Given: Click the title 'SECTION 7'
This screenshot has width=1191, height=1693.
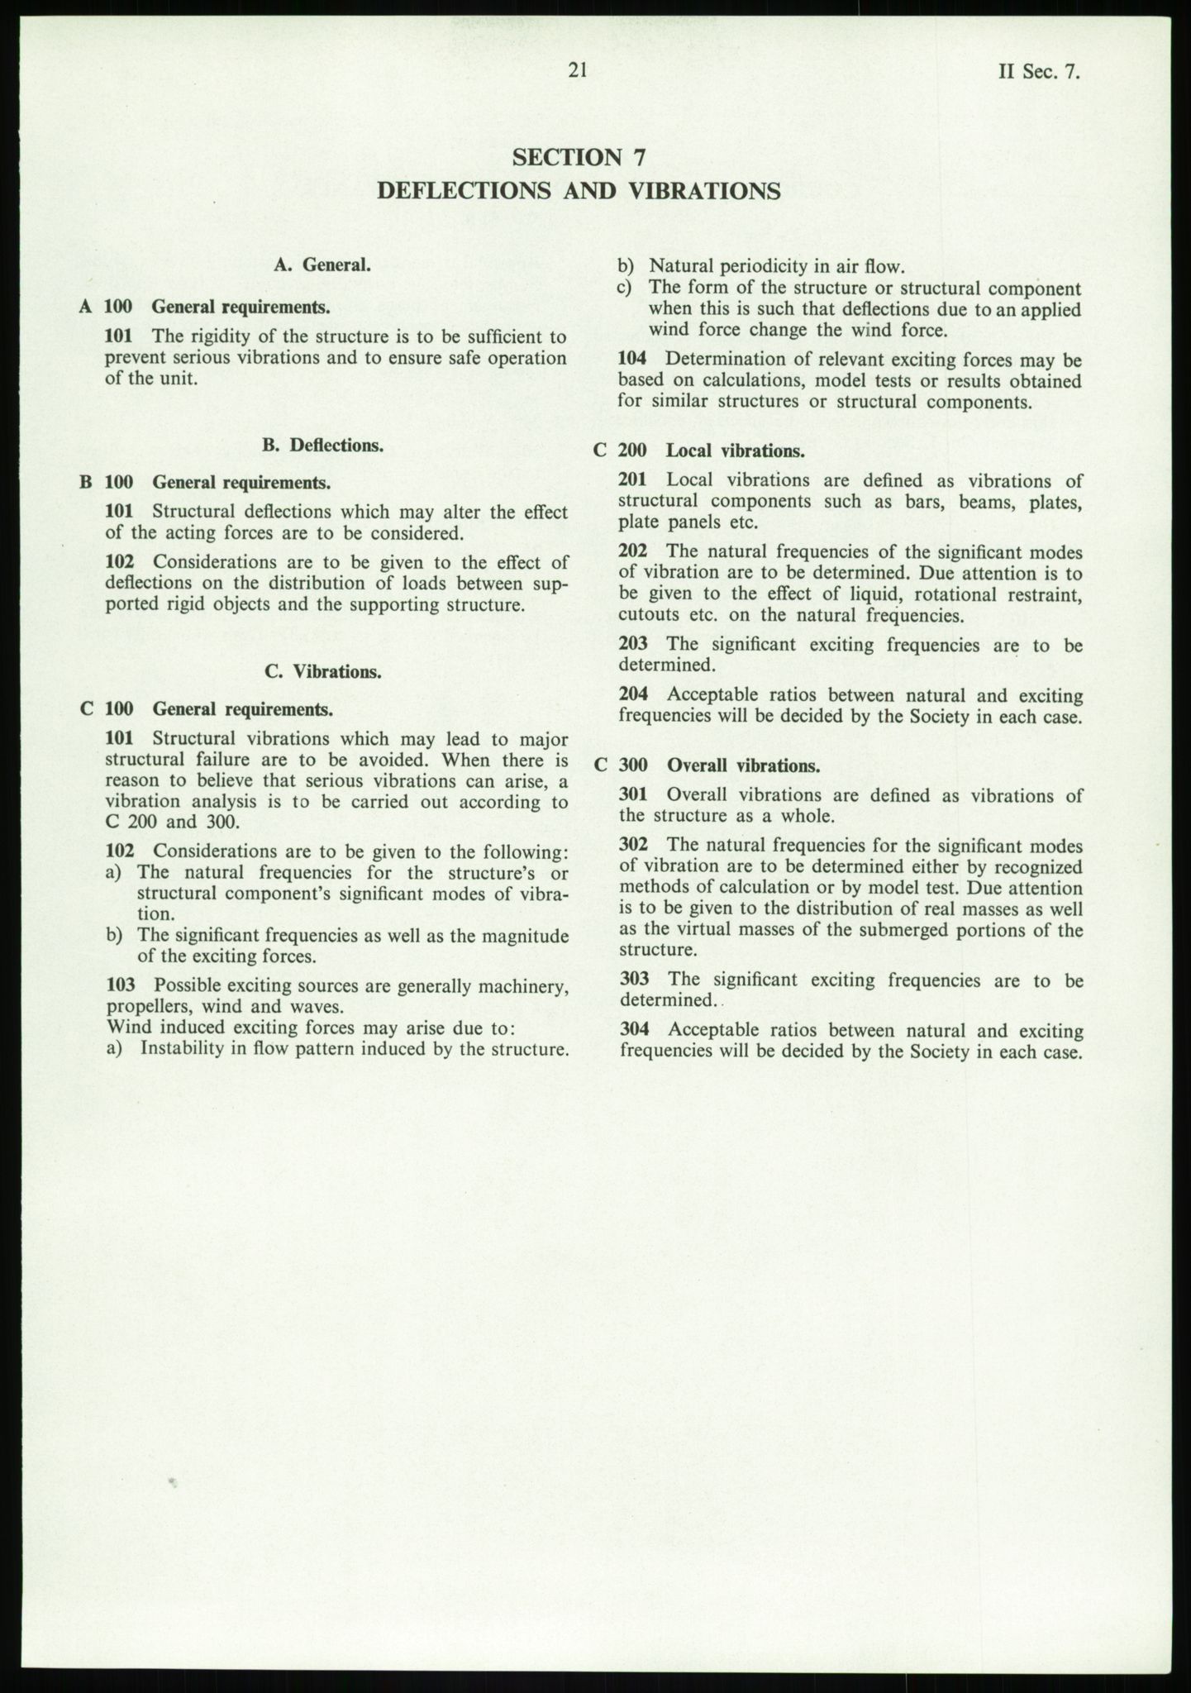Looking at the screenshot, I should click(x=578, y=157).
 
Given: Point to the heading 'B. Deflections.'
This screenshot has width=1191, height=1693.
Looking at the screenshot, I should click(x=322, y=446).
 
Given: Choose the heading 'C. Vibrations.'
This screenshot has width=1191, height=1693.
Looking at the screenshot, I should click(x=323, y=671).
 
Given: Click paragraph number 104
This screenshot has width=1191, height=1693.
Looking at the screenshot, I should click(x=632, y=360).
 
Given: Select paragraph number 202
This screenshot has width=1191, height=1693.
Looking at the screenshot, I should click(x=633, y=551).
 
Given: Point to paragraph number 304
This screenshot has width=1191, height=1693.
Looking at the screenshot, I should click(x=633, y=1030).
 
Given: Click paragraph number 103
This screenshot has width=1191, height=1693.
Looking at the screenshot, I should click(x=121, y=985).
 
